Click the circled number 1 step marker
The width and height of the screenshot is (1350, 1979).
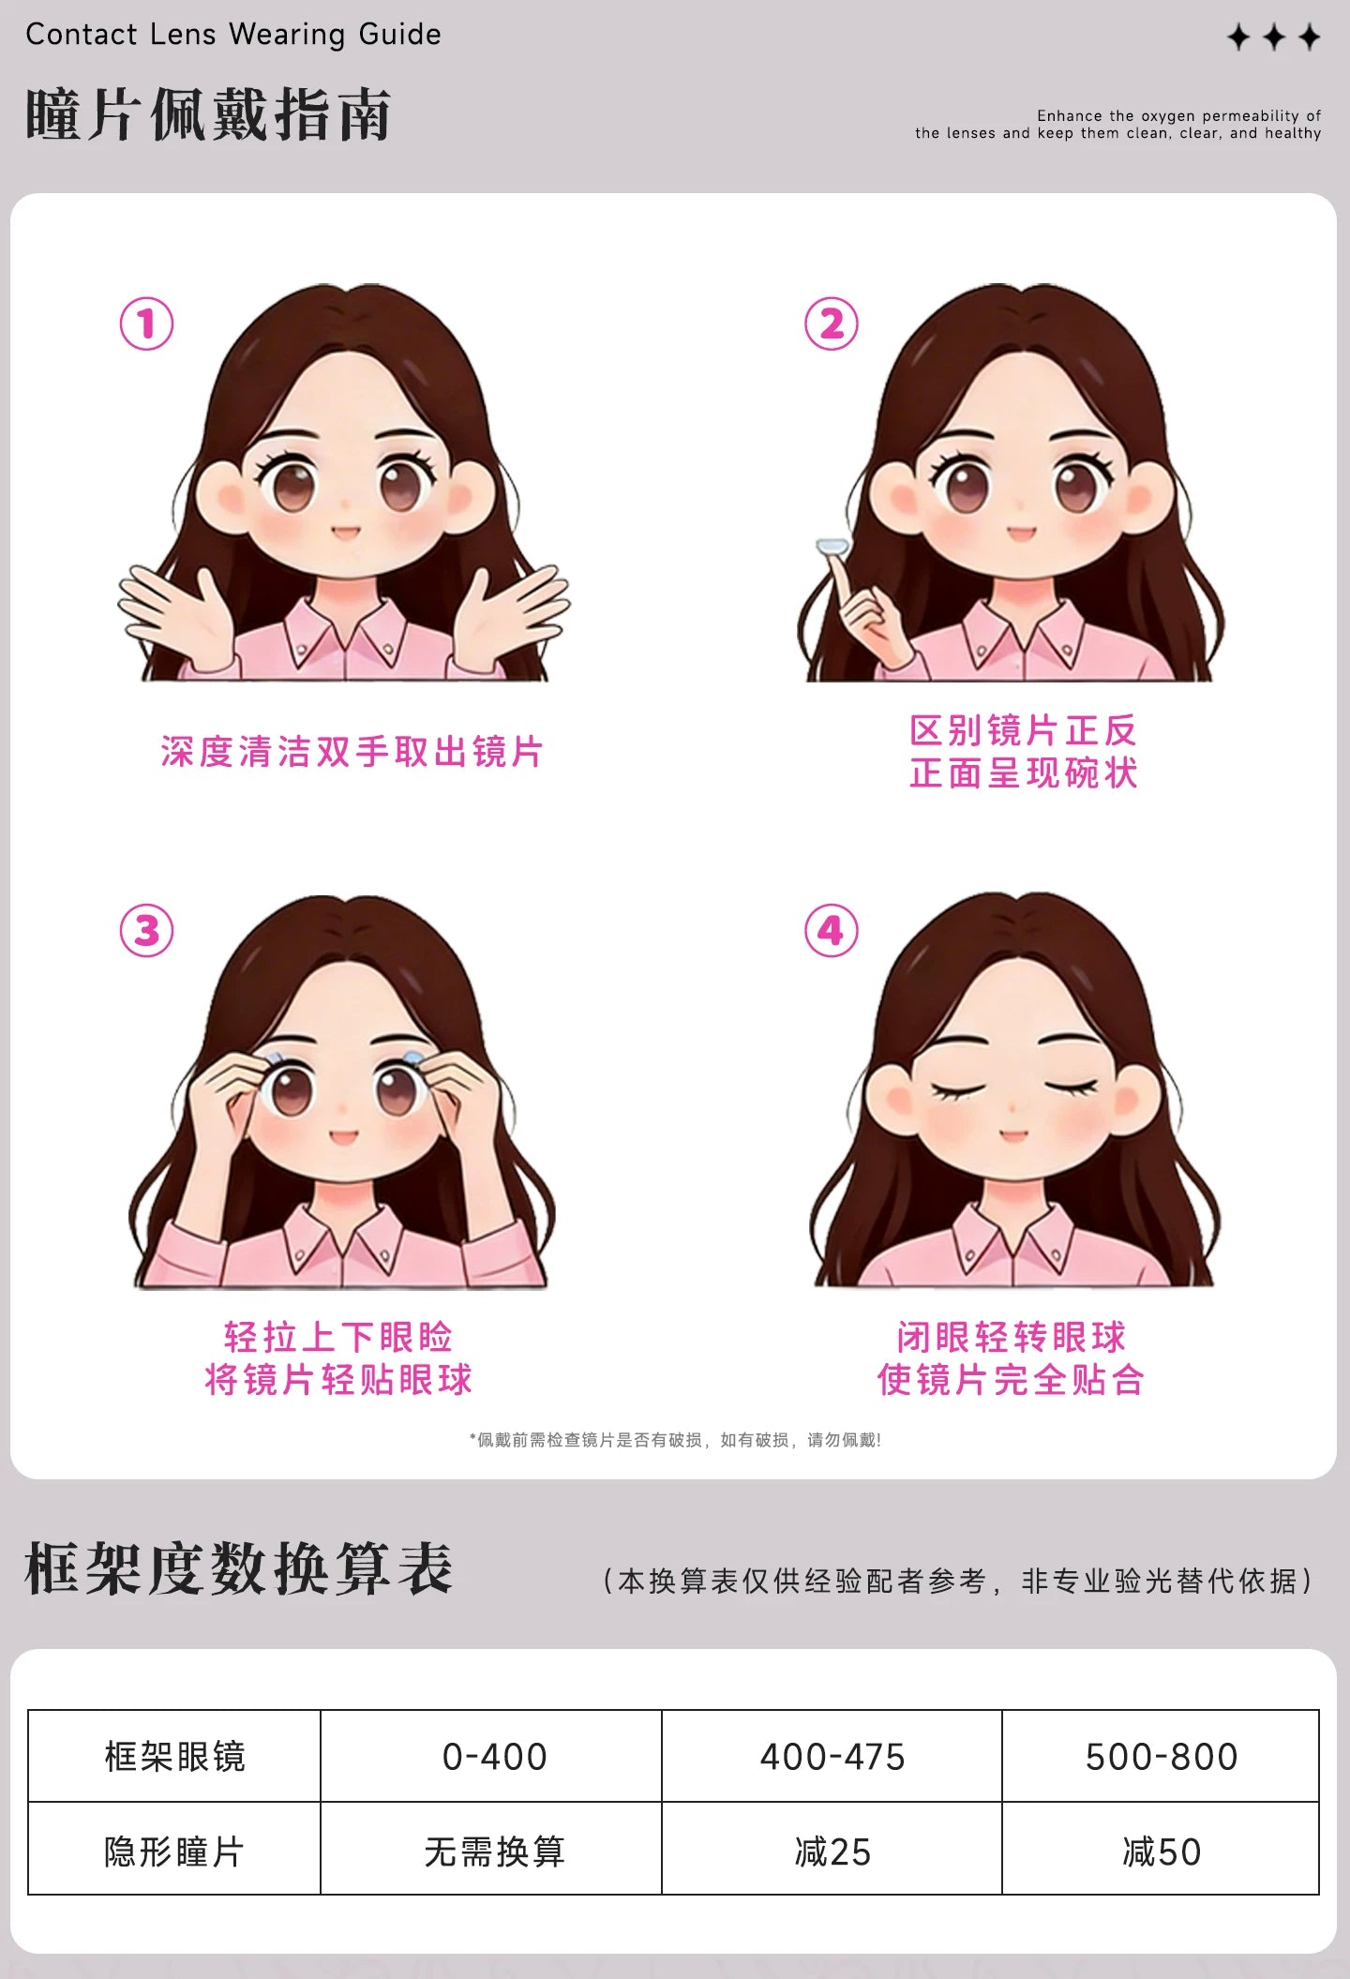click(x=146, y=324)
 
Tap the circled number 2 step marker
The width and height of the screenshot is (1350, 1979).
click(x=832, y=324)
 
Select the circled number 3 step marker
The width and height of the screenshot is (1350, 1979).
click(x=146, y=931)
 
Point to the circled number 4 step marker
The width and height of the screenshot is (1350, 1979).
click(x=832, y=931)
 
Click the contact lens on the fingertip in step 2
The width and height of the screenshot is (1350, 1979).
click(x=832, y=547)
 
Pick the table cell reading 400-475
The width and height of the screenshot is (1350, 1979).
click(x=832, y=1756)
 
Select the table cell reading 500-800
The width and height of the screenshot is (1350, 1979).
click(x=1161, y=1756)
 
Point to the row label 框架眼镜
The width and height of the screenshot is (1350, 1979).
click(x=174, y=1756)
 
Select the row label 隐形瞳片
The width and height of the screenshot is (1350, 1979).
click(x=174, y=1852)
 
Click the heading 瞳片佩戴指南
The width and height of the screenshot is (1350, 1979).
click(x=208, y=115)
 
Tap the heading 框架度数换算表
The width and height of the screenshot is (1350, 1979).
click(x=239, y=1568)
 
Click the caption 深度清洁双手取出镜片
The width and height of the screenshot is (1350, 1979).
click(x=352, y=752)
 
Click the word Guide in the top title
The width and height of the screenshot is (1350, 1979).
click(x=399, y=36)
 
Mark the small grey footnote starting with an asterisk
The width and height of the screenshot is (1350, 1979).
click(x=675, y=1440)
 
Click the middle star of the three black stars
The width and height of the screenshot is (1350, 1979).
click(x=1274, y=37)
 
